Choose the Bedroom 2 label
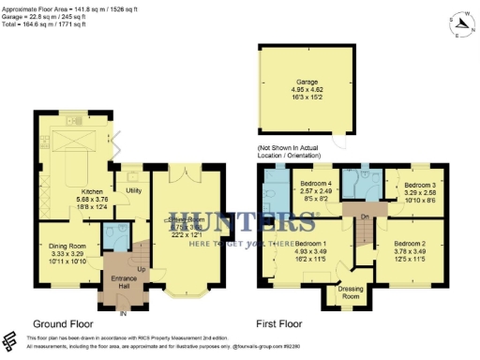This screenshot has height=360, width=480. pyautogui.click(x=411, y=243)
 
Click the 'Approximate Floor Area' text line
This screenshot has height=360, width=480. pyautogui.click(x=67, y=6)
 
